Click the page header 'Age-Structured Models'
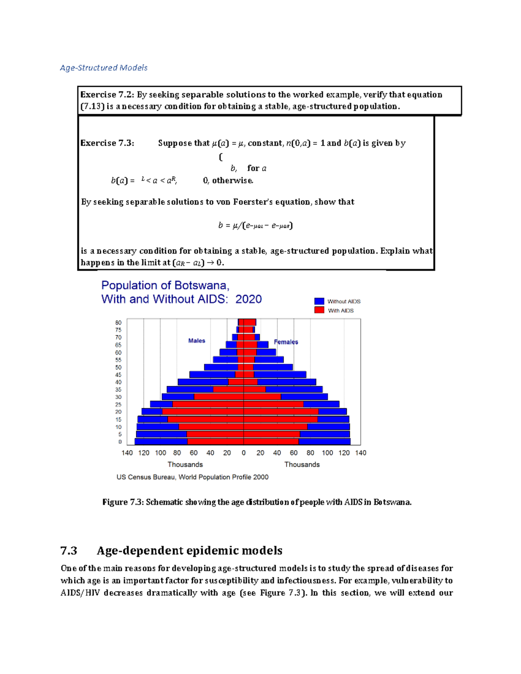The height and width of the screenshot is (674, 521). [104, 68]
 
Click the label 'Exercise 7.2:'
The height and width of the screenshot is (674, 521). [107, 95]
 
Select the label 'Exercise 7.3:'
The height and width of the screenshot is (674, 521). [107, 143]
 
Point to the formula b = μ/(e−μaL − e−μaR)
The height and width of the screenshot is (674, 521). [255, 225]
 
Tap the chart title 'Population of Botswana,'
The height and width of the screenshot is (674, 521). [165, 286]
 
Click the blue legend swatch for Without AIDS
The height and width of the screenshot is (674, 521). [319, 301]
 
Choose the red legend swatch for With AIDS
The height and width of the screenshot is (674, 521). [319, 310]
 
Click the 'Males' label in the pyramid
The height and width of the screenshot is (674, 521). [197, 341]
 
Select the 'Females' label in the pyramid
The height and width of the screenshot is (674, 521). [286, 342]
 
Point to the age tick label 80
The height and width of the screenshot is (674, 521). [118, 322]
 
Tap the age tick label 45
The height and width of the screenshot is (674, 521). [118, 375]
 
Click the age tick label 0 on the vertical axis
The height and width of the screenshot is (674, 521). [120, 442]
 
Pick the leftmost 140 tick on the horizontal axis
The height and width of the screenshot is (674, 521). [127, 453]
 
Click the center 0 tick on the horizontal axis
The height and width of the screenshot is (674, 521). [244, 453]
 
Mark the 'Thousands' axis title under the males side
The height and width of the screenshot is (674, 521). [185, 464]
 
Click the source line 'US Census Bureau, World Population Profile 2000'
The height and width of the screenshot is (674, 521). [192, 477]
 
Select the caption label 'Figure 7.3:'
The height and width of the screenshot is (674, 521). [123, 502]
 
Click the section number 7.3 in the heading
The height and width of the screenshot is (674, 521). [69, 551]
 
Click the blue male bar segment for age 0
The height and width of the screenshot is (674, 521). [161, 442]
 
